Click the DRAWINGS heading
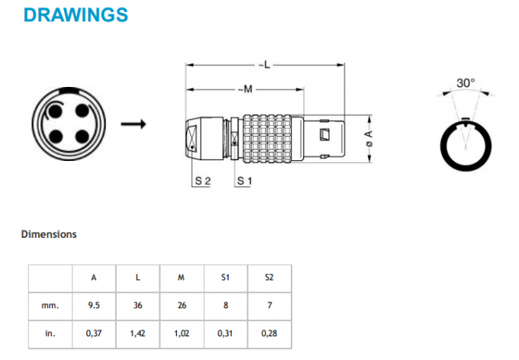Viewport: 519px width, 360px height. (76, 14)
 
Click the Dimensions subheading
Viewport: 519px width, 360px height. (49, 234)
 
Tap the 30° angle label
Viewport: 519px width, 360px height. (465, 82)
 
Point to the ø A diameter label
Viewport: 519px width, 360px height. (369, 139)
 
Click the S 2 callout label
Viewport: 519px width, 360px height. (202, 181)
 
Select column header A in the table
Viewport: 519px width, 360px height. (94, 278)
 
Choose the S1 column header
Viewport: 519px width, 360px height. (225, 278)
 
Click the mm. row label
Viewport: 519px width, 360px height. (50, 305)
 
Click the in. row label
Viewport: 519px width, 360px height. (50, 333)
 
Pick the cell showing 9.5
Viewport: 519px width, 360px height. (94, 305)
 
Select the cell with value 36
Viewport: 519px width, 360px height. (137, 305)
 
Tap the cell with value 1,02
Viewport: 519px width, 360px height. (182, 333)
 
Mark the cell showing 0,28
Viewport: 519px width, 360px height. (269, 333)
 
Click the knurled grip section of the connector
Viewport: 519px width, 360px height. (267, 139)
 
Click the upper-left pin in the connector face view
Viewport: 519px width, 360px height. (56, 111)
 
